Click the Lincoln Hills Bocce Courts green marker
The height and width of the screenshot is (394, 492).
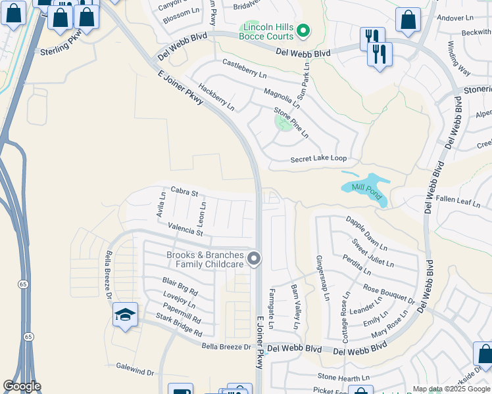click(303, 30)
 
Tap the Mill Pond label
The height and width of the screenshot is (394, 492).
click(367, 187)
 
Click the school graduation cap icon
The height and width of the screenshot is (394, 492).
click(125, 315)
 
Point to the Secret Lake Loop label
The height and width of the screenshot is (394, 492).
click(318, 159)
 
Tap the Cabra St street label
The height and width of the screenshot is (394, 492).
click(184, 192)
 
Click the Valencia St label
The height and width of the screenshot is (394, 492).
click(185, 229)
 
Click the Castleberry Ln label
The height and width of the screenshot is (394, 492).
click(244, 68)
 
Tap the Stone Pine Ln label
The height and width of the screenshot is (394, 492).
click(291, 122)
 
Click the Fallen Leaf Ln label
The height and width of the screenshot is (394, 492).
click(458, 202)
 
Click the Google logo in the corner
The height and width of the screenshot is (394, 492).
click(22, 386)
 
